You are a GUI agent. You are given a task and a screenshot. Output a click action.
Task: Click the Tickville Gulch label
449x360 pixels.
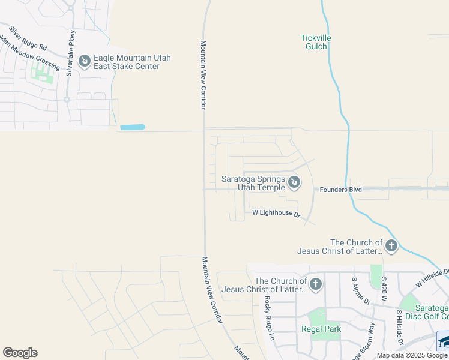[x=315, y=42]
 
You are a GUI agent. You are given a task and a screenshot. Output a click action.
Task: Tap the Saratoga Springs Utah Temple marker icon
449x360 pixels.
[x=294, y=181]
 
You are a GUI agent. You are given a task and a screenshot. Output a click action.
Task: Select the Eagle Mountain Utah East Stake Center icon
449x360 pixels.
[x=85, y=61]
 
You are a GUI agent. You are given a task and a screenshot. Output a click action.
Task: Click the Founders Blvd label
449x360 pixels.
[x=340, y=190]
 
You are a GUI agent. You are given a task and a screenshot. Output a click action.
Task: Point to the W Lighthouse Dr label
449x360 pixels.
[x=276, y=212]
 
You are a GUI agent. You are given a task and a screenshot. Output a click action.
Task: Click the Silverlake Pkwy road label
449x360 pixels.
[x=71, y=53]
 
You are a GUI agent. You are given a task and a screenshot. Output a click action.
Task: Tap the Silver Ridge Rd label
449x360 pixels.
[x=28, y=37]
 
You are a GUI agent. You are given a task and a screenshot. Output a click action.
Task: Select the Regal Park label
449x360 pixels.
[x=321, y=329]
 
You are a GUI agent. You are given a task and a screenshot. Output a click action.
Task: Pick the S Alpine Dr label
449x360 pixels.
[x=361, y=290]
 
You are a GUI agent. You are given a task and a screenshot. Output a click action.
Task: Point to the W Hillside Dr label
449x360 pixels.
[x=433, y=278]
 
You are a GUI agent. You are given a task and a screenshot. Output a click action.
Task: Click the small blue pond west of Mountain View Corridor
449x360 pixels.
[x=133, y=127]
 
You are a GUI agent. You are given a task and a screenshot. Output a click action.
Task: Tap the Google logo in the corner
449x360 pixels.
[x=20, y=353]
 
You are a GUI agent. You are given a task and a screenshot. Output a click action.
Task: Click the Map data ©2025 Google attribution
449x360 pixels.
[x=412, y=355]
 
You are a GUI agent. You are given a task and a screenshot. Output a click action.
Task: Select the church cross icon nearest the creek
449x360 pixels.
[x=391, y=245]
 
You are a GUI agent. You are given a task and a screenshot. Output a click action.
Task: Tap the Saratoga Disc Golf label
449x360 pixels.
[x=427, y=311]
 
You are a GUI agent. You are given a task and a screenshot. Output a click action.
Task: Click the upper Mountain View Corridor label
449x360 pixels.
[x=203, y=75]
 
